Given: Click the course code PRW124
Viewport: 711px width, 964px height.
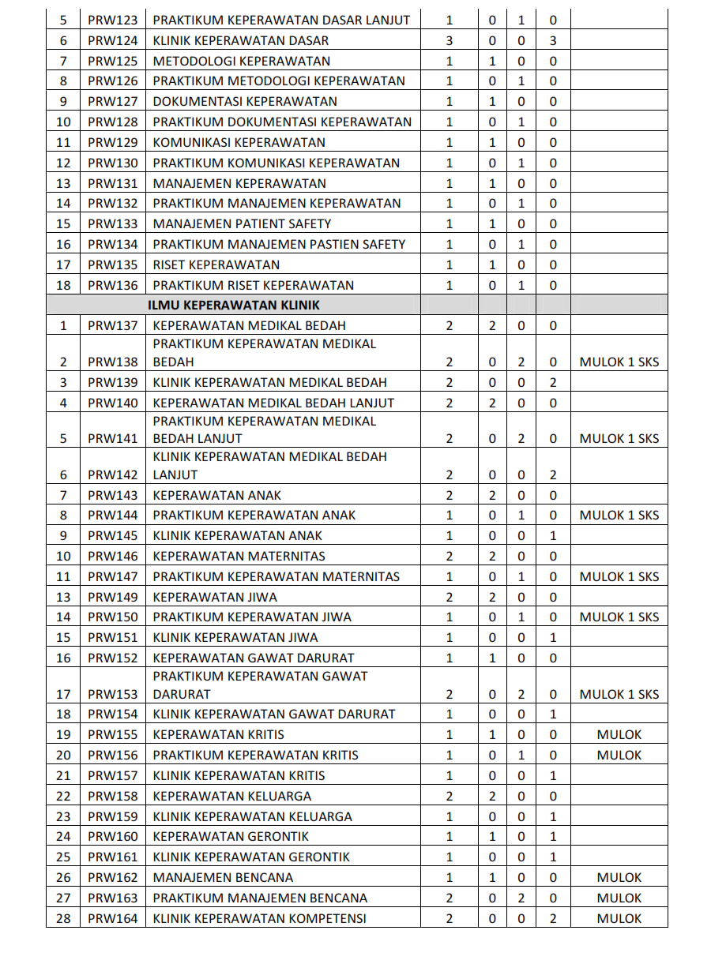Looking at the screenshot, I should [x=112, y=40].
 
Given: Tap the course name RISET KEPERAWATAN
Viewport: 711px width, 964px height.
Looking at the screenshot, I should [x=216, y=264].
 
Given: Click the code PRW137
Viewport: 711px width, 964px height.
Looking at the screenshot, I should [x=112, y=325].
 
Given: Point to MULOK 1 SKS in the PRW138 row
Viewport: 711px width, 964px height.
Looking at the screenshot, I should [x=619, y=362].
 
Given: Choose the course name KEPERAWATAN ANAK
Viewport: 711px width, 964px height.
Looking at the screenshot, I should [x=216, y=495].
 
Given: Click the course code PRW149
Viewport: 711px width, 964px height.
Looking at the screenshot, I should [x=112, y=597].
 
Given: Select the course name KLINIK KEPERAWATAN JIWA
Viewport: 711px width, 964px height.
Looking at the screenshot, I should [x=235, y=637].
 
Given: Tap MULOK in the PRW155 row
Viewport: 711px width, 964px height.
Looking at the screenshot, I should [x=619, y=734].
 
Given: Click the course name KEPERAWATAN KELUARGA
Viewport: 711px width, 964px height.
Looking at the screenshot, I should [x=231, y=796].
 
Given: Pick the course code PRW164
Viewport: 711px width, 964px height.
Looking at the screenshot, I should [x=112, y=918].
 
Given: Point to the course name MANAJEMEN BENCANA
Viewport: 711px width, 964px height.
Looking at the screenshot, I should [x=223, y=877].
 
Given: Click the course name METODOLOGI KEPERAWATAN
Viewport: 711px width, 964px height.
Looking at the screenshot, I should [x=242, y=61].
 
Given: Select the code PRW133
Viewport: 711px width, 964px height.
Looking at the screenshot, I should [x=112, y=223].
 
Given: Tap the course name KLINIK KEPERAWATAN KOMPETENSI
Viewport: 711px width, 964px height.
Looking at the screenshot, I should [x=259, y=918].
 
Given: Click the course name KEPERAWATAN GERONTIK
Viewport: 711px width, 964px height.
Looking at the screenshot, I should [x=231, y=836].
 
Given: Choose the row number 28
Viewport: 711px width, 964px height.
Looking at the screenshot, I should [x=63, y=918].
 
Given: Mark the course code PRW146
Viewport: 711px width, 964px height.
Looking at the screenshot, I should [x=112, y=556].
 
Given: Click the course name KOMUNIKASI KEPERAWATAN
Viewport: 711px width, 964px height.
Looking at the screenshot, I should [x=239, y=142].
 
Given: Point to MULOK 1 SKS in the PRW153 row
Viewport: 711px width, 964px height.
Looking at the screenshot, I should [x=619, y=695].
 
